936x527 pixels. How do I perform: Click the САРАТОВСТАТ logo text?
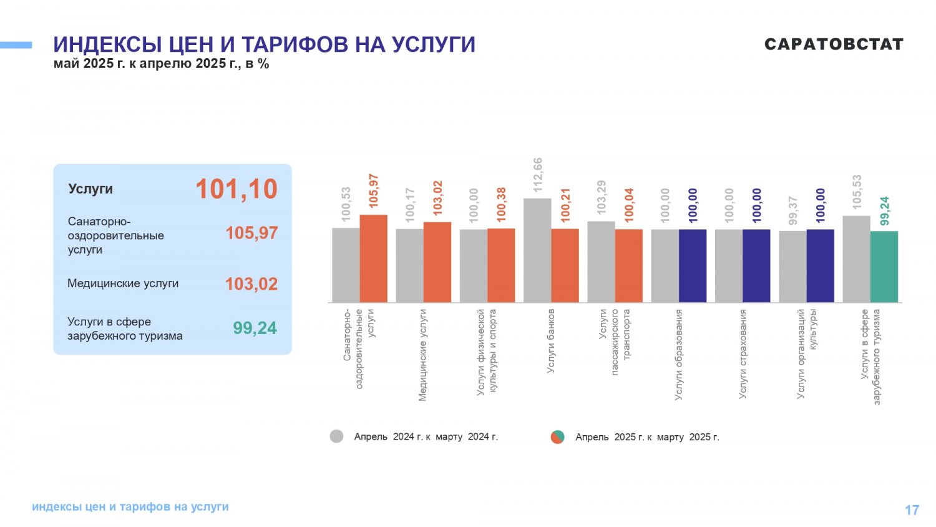click(x=834, y=44)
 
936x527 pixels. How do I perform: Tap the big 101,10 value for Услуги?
click(x=236, y=189)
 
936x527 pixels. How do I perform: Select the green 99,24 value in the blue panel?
click(x=255, y=328)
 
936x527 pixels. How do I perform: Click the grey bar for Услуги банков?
click(x=537, y=250)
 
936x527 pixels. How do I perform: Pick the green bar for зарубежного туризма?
click(x=884, y=267)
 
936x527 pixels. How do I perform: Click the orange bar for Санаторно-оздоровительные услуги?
click(x=374, y=259)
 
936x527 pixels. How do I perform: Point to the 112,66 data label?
click(x=538, y=175)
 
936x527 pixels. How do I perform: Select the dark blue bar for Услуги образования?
click(x=693, y=266)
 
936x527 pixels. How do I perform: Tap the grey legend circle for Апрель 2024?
click(x=336, y=436)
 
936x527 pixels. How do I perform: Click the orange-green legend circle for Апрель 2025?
click(x=557, y=436)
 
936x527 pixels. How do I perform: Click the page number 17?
click(x=912, y=510)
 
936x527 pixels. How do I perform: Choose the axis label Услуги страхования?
click(x=742, y=354)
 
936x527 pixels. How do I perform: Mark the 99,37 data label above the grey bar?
click(x=792, y=210)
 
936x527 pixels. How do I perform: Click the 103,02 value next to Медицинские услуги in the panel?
click(x=251, y=284)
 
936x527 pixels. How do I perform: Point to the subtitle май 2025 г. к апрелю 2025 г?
click(x=161, y=64)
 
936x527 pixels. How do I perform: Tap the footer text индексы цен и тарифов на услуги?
click(x=130, y=507)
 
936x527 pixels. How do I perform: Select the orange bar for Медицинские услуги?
click(x=437, y=262)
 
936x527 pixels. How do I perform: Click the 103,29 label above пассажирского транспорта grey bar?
click(x=602, y=197)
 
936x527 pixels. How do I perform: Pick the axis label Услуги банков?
click(x=551, y=341)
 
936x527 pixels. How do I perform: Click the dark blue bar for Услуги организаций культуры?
click(x=821, y=266)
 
